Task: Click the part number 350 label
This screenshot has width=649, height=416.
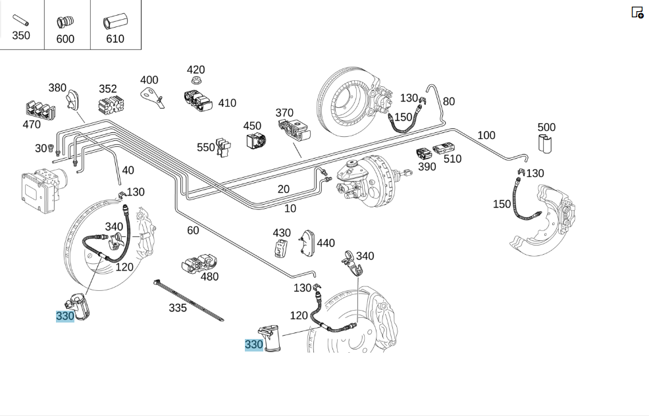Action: pos(20,36)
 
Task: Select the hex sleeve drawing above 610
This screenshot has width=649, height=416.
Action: pos(115,21)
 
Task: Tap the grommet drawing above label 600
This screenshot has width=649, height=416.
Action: pos(65,22)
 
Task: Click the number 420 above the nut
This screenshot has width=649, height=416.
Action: pos(195,70)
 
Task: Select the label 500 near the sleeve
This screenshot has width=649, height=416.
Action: pos(546,127)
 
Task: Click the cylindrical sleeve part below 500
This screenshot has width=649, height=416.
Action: pos(545,143)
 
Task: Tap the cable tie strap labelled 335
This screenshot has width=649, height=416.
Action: pos(188,299)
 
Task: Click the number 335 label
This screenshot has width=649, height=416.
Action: pos(178,308)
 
